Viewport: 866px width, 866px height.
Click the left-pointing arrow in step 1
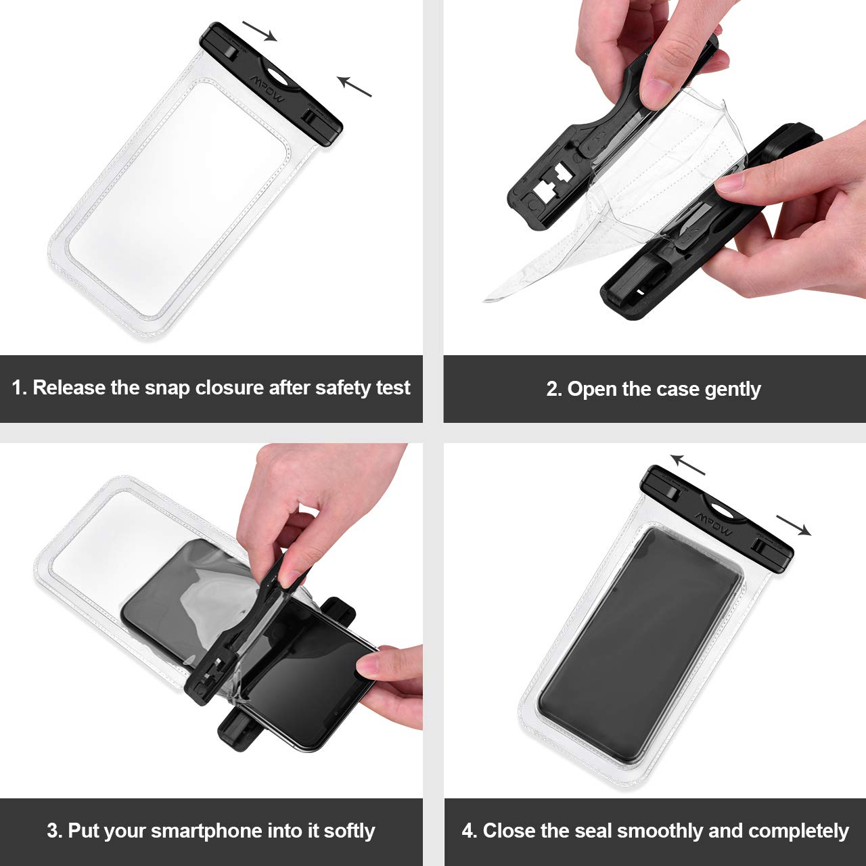coord(355,86)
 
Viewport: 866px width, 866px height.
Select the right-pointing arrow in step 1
coord(260,30)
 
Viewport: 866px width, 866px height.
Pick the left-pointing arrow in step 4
coord(687,465)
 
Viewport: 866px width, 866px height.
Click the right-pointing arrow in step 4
coord(794,525)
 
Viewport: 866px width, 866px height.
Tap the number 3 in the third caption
coord(52,831)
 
